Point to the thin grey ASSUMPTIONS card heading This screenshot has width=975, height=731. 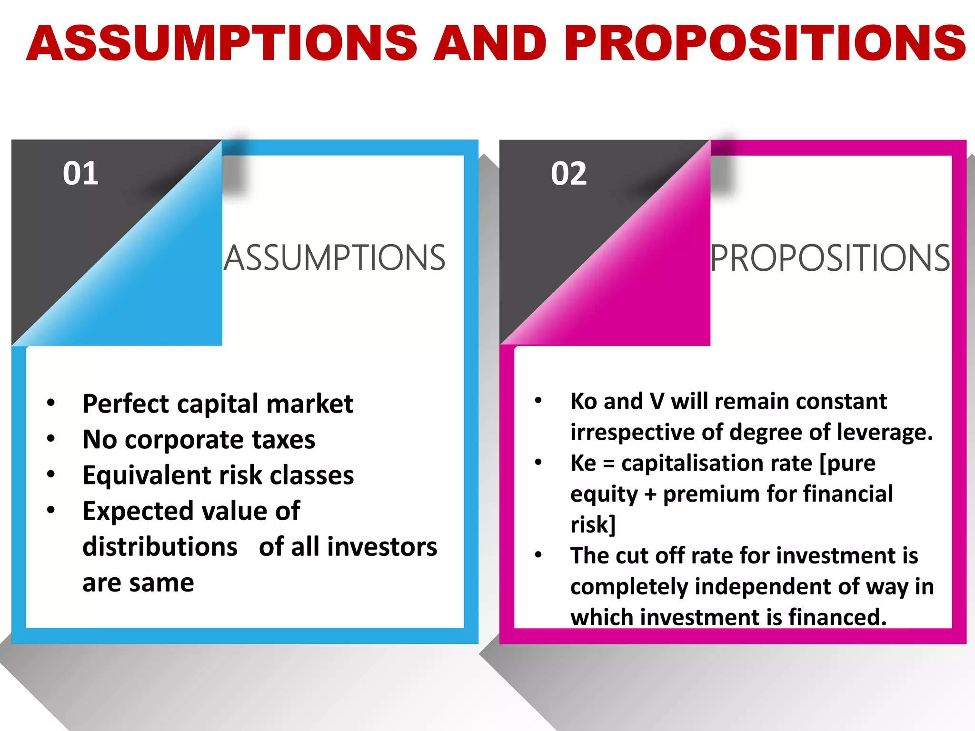(335, 258)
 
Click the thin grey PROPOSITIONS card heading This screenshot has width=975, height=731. (830, 258)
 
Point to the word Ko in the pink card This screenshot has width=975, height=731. (583, 401)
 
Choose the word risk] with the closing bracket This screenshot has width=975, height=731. (593, 525)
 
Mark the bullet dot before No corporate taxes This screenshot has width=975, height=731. (51, 438)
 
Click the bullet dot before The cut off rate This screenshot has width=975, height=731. (538, 555)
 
